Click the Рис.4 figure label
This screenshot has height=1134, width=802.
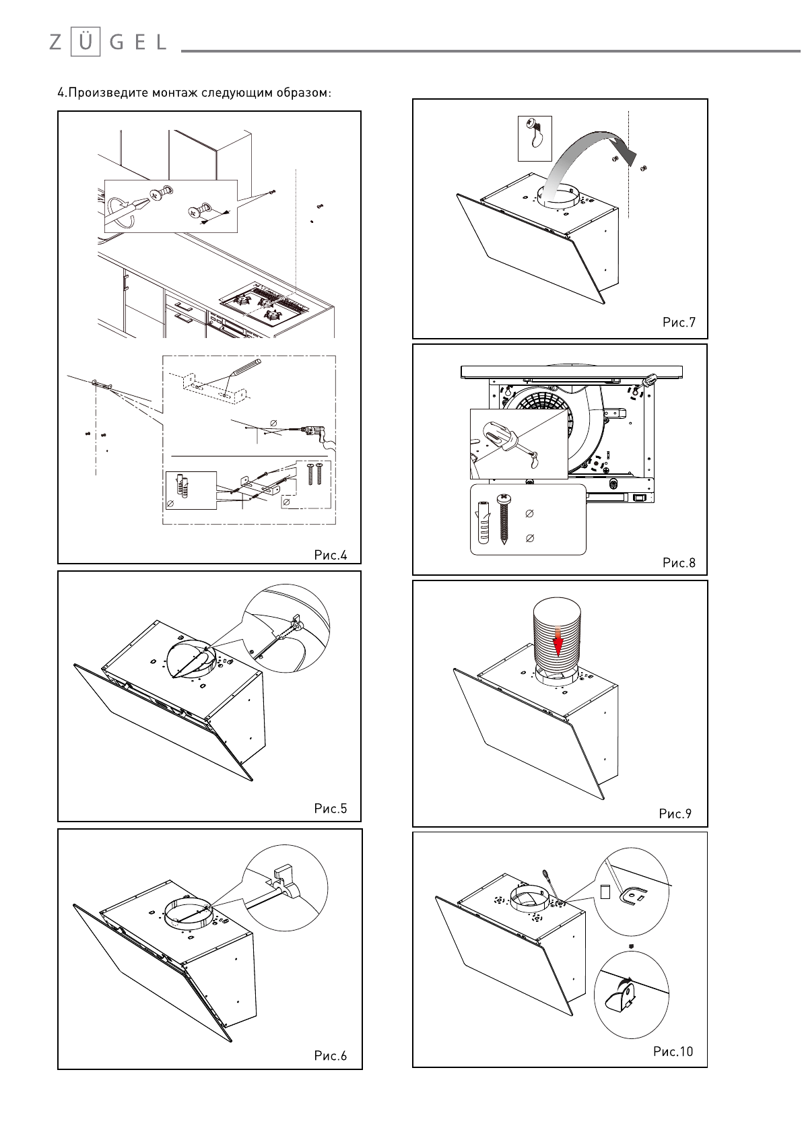tap(331, 556)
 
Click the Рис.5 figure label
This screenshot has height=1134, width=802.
tap(331, 808)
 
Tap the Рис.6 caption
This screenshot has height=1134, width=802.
tap(331, 1055)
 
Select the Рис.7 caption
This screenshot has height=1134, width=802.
tap(679, 322)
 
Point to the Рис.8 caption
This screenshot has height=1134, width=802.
tap(679, 562)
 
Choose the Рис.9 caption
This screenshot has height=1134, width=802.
tap(675, 814)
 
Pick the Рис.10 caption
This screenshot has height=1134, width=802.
tap(673, 1051)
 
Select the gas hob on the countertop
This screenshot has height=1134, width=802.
tap(264, 305)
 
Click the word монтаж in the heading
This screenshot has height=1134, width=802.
tap(174, 92)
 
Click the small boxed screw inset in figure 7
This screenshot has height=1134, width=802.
tap(534, 138)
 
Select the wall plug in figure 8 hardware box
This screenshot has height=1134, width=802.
tap(482, 521)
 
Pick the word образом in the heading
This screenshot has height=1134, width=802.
tap(302, 92)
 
